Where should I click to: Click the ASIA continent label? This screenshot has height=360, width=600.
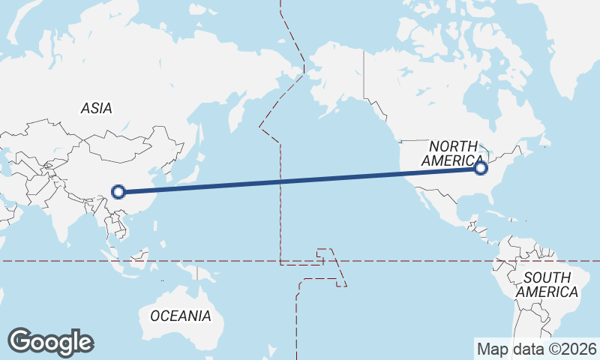(96, 109)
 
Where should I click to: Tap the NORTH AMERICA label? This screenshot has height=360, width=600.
(453, 153)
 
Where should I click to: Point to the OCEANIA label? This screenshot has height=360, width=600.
(181, 316)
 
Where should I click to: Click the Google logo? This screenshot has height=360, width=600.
(51, 342)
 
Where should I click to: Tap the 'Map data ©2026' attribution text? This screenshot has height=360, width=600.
(536, 349)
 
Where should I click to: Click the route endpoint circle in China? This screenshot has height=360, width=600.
(118, 191)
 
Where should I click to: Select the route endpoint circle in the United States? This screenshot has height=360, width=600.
(481, 168)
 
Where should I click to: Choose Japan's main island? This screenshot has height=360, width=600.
(190, 161)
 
